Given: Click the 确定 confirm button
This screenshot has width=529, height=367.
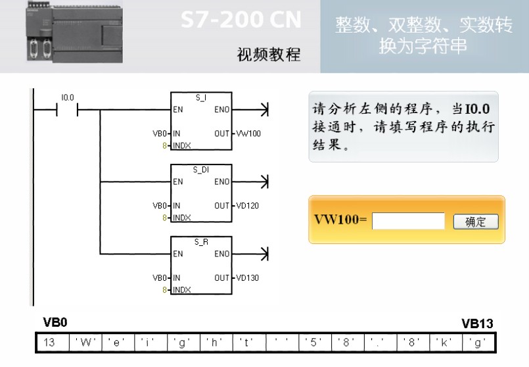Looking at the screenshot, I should (476, 222).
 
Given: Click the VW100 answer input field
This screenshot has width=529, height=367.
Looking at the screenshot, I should (408, 222).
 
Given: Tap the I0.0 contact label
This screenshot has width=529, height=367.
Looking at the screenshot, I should (67, 97).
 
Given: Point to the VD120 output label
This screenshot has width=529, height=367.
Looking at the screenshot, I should (248, 206).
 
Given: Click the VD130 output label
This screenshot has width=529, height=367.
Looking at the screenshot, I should (248, 278).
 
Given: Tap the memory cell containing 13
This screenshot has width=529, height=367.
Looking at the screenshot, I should (50, 343).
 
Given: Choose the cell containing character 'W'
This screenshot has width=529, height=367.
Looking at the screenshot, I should (83, 343).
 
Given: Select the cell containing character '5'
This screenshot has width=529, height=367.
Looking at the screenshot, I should (313, 343).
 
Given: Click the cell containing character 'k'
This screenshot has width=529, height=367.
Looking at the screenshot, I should (445, 343).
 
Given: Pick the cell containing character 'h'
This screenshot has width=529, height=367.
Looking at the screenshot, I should (215, 343).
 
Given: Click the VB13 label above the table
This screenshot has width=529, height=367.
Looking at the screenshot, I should (477, 324).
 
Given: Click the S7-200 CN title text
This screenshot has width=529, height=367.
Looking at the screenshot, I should (241, 21).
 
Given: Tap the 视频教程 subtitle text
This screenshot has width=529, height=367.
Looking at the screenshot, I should (268, 55).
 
